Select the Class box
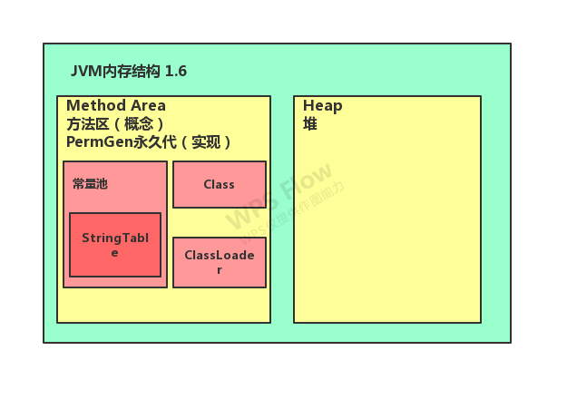point(219,184)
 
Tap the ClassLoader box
point(219,262)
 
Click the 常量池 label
point(90,183)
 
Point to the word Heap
point(322,105)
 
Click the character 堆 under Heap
point(310,123)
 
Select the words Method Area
point(116,105)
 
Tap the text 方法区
point(86,123)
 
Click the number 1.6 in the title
point(175,71)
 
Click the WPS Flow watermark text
point(279,196)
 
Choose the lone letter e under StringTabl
point(115,253)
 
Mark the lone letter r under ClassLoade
point(219,270)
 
